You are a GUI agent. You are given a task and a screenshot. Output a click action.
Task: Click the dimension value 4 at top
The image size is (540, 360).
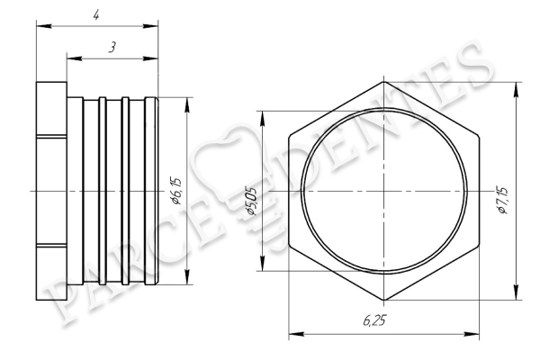click(x=96, y=15)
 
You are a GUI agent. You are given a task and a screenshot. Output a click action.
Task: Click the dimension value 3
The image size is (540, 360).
click(x=112, y=47)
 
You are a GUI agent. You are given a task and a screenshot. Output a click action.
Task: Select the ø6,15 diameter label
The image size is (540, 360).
click(x=176, y=191)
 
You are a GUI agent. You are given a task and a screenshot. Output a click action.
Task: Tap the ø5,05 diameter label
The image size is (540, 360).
click(x=252, y=202)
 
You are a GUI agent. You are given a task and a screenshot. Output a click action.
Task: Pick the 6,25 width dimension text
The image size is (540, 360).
click(x=374, y=321)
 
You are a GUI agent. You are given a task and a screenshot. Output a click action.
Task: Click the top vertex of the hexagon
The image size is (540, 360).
click(x=384, y=82)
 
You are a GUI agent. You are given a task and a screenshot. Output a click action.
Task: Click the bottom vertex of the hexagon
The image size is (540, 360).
click(x=384, y=300)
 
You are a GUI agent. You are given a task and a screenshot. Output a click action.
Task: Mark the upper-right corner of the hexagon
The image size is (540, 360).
click(x=479, y=137)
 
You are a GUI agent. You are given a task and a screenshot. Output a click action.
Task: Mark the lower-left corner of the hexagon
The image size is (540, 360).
click(x=289, y=246)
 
